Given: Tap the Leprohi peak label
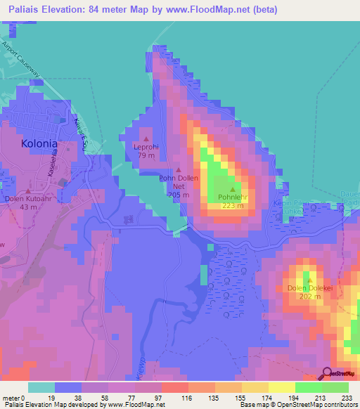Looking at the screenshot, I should tap(146, 148).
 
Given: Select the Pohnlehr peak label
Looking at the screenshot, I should tap(232, 197).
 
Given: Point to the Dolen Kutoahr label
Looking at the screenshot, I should tap(28, 199).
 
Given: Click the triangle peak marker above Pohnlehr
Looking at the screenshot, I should tap(232, 189).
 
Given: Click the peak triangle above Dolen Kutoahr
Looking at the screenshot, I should tap(28, 190).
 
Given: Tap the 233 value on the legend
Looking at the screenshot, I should tap(347, 397).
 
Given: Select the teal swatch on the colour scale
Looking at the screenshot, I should tap(41, 387).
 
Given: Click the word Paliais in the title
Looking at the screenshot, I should tap(26, 10).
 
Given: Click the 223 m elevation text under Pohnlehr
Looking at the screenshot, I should tap(232, 205).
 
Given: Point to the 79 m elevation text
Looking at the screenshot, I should tap(146, 155).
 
